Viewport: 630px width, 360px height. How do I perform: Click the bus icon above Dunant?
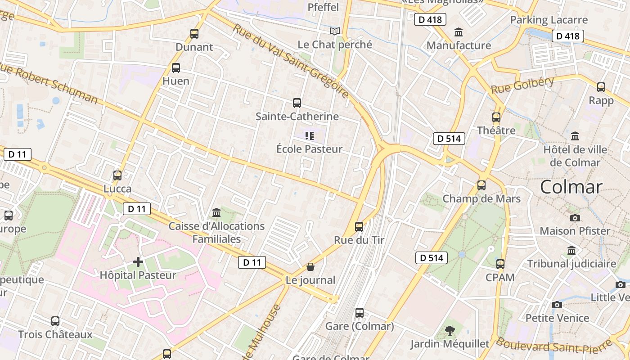tap(194, 33)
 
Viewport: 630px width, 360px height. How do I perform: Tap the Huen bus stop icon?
tap(176, 68)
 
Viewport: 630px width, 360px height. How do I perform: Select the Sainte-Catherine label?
tap(297, 117)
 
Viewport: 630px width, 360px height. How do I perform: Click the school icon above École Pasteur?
tap(309, 135)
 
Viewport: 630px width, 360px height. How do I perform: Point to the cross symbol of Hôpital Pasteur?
tap(138, 261)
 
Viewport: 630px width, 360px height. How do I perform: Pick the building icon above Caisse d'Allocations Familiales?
tap(216, 212)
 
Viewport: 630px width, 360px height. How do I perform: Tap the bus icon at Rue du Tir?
tap(359, 226)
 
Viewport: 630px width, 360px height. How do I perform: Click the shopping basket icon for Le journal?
tap(310, 267)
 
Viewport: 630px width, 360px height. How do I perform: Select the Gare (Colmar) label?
tap(359, 326)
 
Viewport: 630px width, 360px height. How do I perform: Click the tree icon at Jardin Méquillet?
tap(450, 331)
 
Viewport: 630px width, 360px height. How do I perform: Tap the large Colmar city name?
tap(571, 187)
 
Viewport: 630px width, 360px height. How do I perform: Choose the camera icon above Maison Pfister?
tap(575, 218)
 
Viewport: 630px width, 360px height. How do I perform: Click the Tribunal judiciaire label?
tap(571, 264)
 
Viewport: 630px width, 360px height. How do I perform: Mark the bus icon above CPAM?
tap(500, 264)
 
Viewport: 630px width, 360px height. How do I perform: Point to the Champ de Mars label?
tap(481, 199)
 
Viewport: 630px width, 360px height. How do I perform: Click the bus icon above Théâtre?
tap(496, 117)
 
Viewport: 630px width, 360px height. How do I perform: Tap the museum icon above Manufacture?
tap(459, 32)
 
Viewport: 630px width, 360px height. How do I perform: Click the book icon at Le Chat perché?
tap(334, 31)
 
